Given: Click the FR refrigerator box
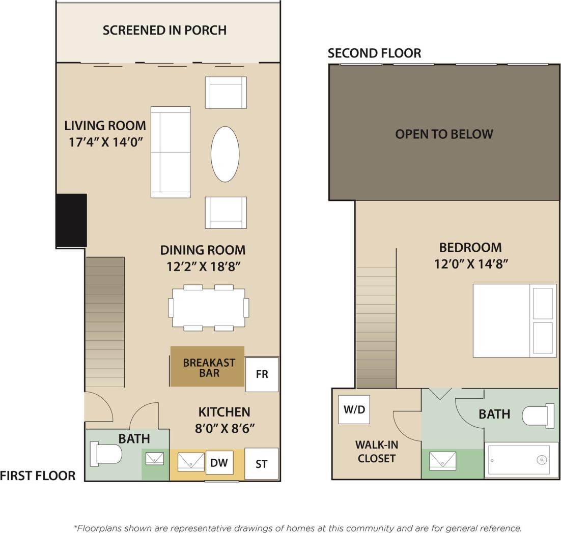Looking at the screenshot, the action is coord(262,374).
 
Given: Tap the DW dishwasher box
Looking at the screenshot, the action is coord(219,463).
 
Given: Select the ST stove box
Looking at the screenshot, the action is coord(261,464).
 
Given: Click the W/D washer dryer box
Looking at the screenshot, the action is coord(354,409).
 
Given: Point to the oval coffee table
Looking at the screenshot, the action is coord(225,154).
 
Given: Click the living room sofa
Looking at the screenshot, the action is coord(171,152).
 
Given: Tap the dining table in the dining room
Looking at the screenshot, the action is coord(208,308).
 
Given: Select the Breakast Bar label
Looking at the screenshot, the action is coord(209,368).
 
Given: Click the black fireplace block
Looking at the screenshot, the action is coord(71,221).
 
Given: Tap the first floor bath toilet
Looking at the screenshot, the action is coord(105,454).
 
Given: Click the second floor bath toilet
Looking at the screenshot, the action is coord(538,416).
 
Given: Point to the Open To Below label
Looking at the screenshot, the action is coord(444,134).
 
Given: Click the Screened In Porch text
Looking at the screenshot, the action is coord(164,30).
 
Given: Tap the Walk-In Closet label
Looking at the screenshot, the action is coord(376,451).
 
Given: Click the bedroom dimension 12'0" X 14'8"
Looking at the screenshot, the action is coord(471,264).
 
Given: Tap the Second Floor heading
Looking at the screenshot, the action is coord(374,53).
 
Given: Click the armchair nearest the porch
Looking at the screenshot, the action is coord(226,92).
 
